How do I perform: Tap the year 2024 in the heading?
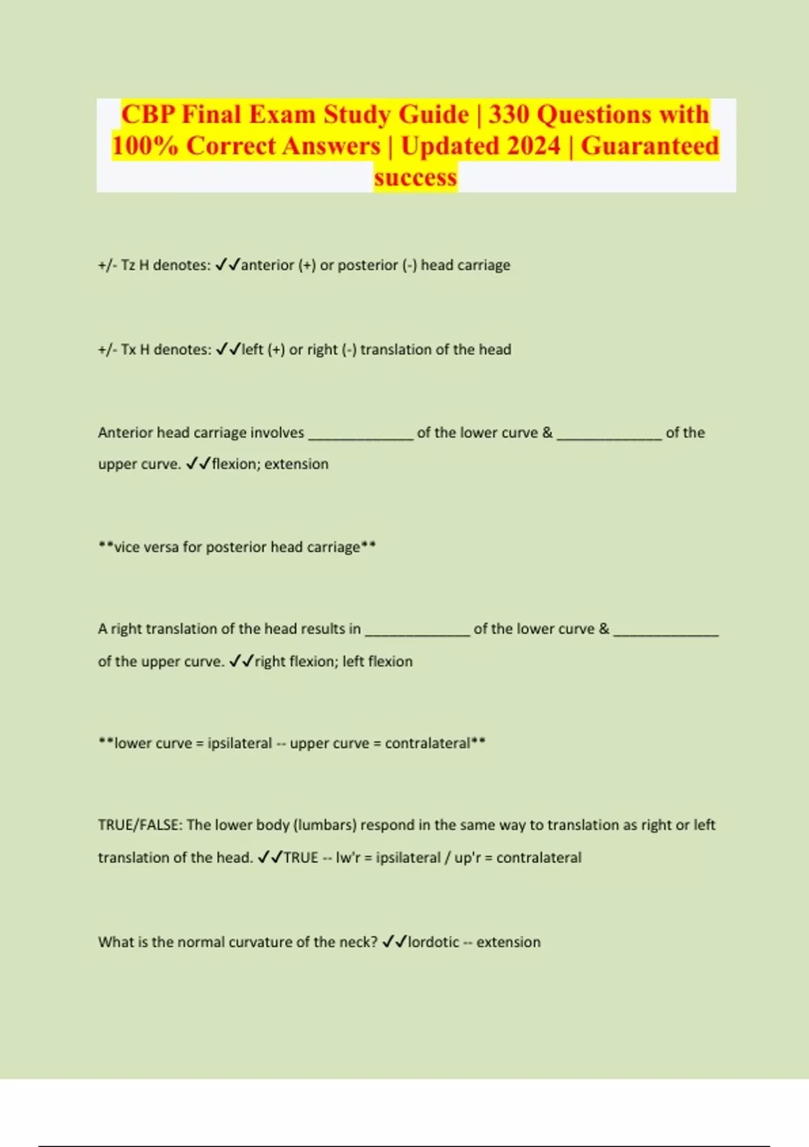coord(527,146)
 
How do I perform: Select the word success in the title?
coord(415,177)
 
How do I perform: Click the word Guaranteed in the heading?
coord(650,146)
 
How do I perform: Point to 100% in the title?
coord(145,146)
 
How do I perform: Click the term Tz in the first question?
coord(128,265)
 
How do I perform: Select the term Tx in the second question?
coord(128,349)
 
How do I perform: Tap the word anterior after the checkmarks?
coord(268,265)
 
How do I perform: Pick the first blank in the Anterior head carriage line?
coord(360,435)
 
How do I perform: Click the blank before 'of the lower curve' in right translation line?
coord(417,631)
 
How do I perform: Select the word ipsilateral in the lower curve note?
coord(239,744)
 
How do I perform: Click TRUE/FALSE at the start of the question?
coord(140,825)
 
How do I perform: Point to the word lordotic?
coord(433,942)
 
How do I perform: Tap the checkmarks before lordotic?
coord(394,942)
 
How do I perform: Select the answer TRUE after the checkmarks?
coord(301,858)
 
